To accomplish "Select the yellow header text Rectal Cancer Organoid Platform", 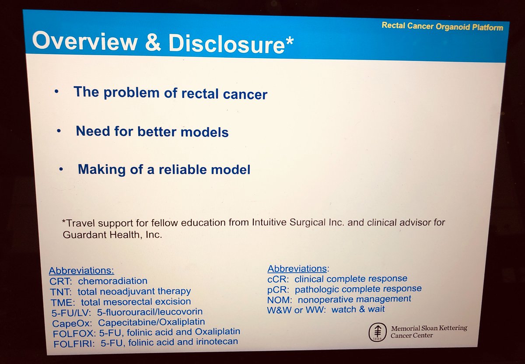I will [442, 26].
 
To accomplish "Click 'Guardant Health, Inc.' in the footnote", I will [112, 234].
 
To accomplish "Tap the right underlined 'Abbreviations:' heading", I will [297, 268].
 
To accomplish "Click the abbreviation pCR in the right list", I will [277, 289].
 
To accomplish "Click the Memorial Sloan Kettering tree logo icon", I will [376, 333].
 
